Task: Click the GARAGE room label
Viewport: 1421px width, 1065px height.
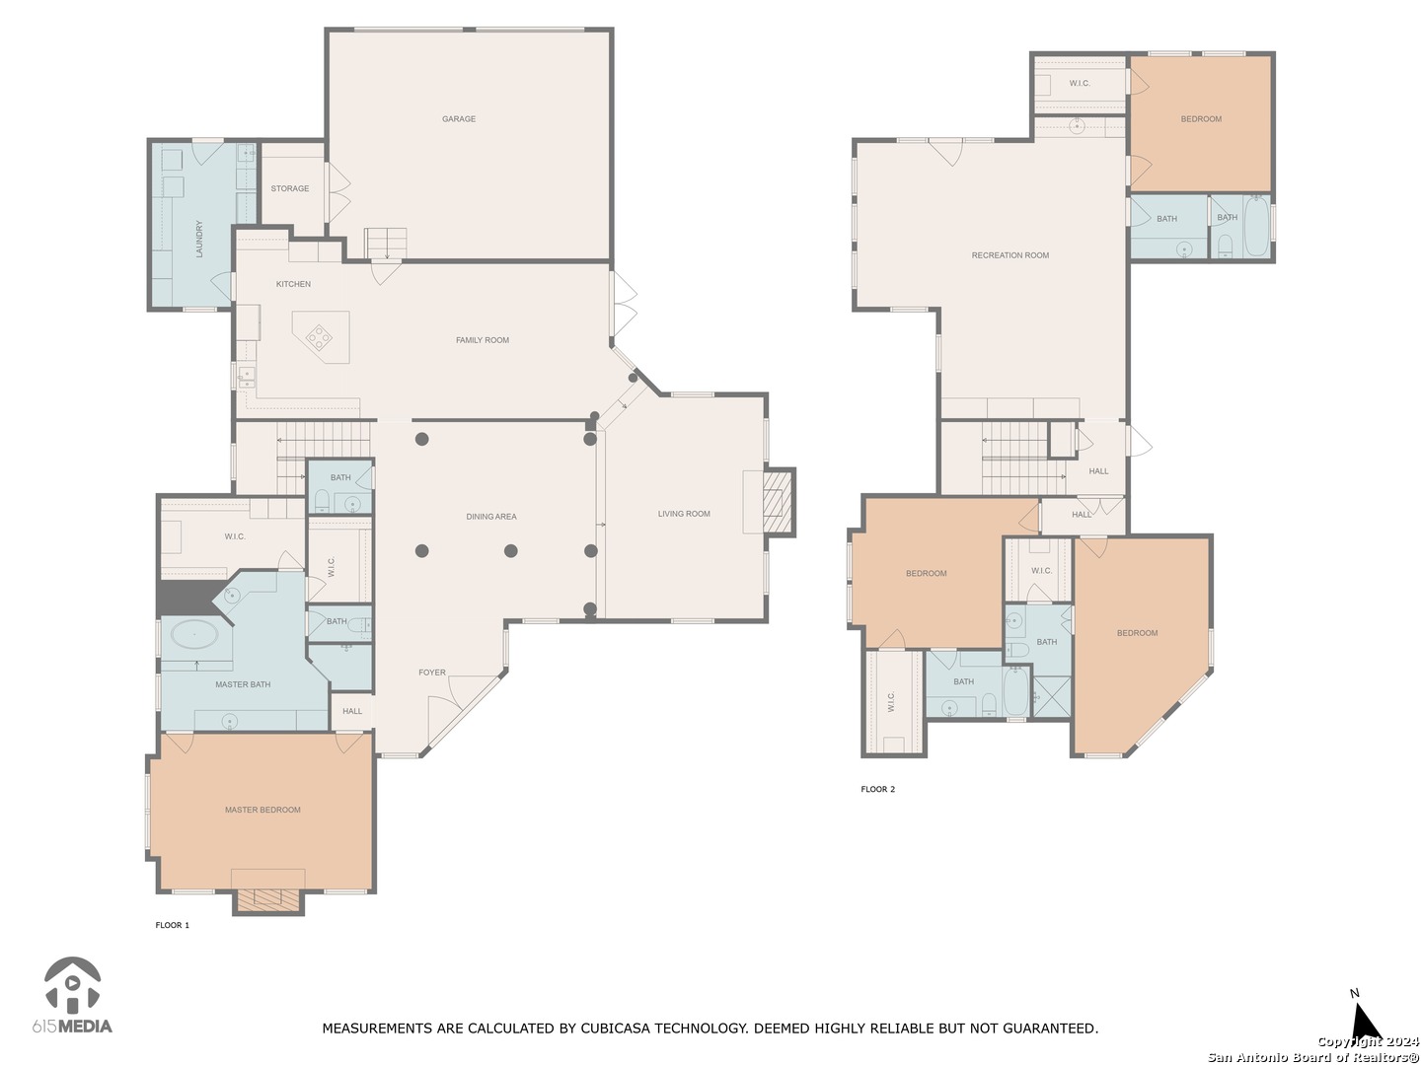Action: (458, 119)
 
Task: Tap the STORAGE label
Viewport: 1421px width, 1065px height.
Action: (289, 188)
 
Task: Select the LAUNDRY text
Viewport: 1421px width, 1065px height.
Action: (199, 239)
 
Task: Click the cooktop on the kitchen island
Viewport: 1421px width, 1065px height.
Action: (319, 336)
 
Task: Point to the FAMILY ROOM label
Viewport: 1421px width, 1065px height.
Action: (483, 340)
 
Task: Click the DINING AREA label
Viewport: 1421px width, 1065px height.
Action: (491, 517)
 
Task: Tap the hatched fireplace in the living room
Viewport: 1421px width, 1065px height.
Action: (778, 503)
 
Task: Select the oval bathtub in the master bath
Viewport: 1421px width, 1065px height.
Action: (194, 634)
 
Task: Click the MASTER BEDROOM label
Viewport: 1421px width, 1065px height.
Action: (262, 810)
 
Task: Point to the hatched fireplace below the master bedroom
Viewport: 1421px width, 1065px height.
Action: (267, 899)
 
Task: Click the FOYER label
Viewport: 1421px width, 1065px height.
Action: (432, 673)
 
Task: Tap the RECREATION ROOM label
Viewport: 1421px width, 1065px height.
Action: (1010, 255)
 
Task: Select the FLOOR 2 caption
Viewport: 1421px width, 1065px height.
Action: (878, 789)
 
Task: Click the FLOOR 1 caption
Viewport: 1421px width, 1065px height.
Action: (173, 925)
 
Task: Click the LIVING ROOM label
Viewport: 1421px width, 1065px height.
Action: (684, 514)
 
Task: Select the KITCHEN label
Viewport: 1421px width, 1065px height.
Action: (293, 284)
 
